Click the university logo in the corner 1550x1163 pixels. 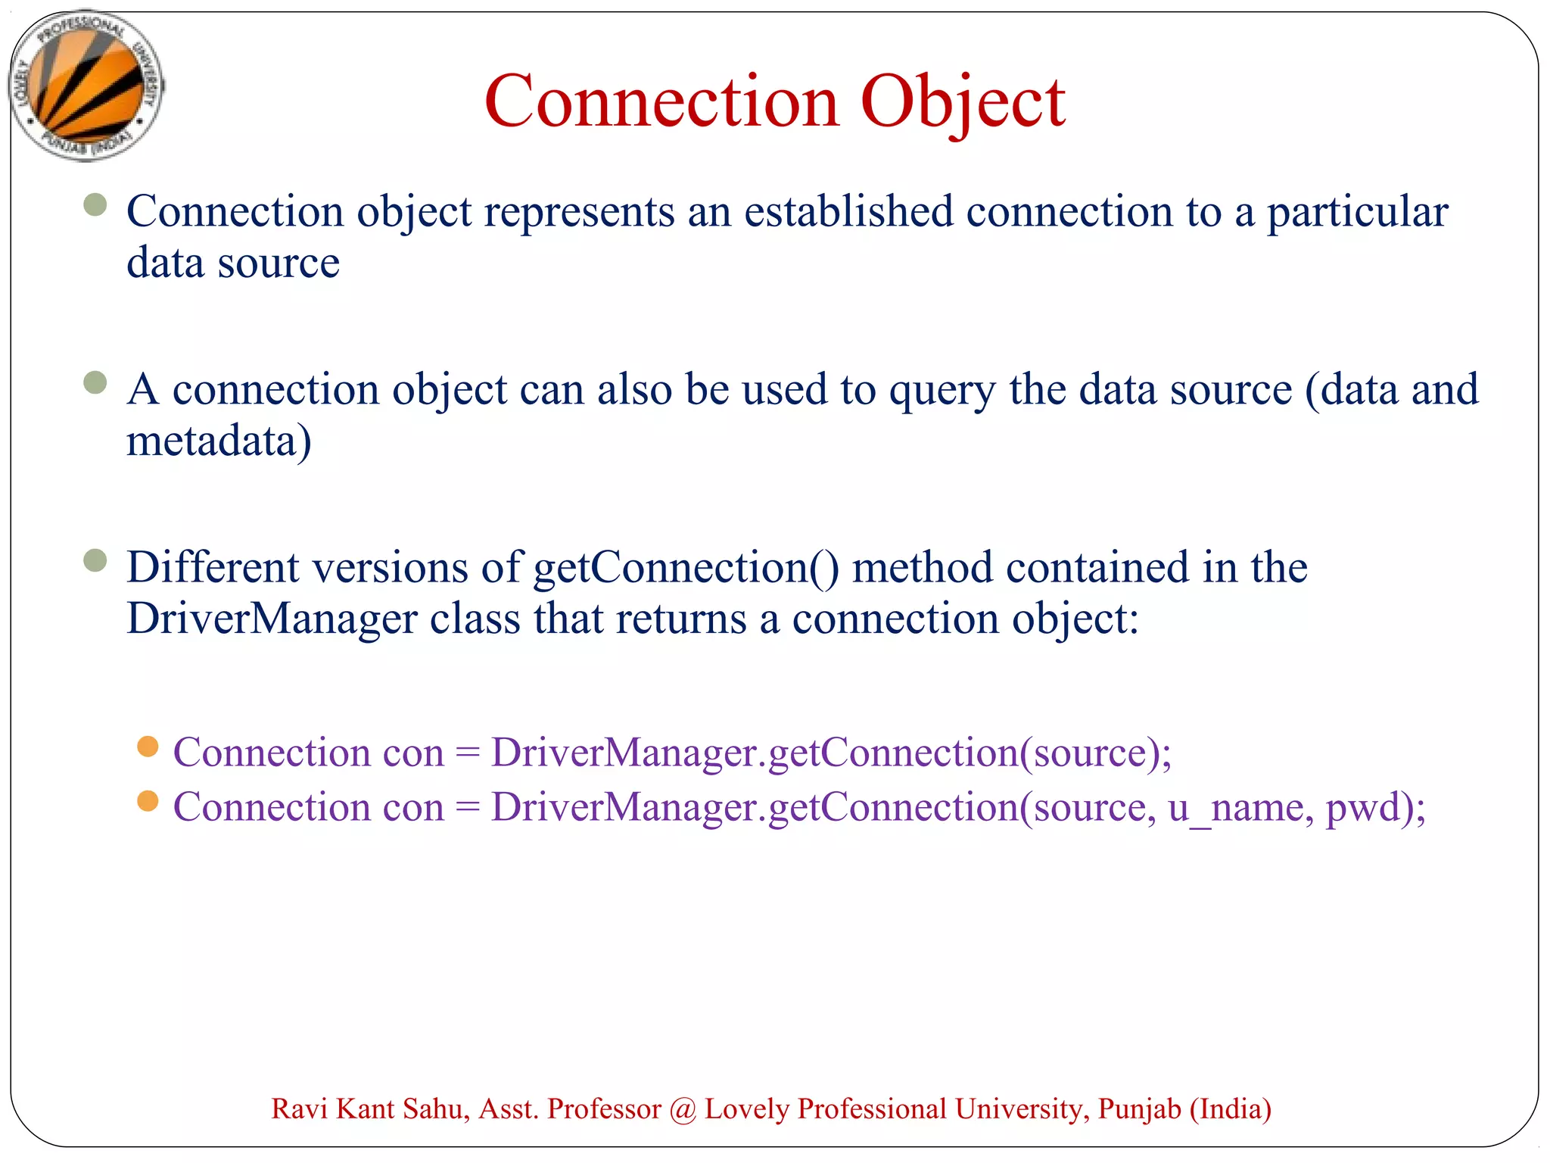(86, 85)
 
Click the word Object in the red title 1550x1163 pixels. (963, 101)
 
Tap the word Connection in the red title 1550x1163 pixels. (661, 101)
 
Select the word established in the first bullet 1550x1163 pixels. (848, 211)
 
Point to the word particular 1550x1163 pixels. (1358, 213)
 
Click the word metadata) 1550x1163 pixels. (219, 441)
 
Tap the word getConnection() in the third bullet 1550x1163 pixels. (686, 568)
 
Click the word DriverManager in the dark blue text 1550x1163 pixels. (272, 619)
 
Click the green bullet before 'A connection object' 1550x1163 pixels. (95, 382)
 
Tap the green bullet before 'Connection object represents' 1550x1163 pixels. (95, 204)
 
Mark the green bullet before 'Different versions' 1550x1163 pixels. (95, 561)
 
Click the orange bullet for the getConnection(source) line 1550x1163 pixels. (148, 747)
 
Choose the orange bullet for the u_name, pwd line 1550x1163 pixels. (148, 801)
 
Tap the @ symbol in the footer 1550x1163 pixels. (683, 1110)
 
